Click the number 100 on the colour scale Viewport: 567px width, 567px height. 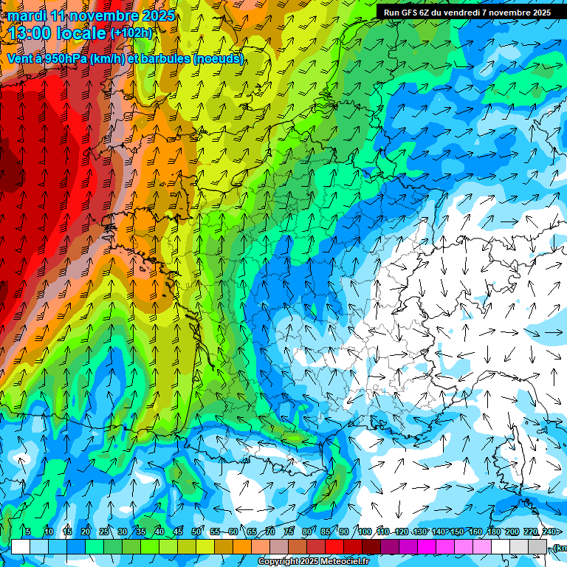(x=364, y=532)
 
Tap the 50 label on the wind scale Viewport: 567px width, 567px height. (x=196, y=532)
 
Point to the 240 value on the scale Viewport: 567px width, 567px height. (x=549, y=532)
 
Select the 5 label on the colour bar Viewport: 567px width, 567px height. (x=28, y=532)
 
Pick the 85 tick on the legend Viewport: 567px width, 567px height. (x=326, y=532)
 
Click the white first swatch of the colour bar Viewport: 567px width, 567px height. (x=21, y=546)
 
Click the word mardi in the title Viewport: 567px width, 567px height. (x=27, y=16)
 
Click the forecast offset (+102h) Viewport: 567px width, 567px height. (x=131, y=33)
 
